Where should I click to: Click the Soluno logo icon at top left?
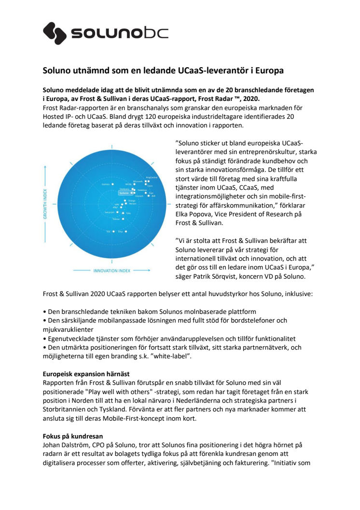(x=55, y=33)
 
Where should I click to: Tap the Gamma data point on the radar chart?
(x=112, y=184)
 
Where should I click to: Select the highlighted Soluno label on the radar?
(x=111, y=193)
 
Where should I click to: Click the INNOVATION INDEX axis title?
(x=112, y=271)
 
